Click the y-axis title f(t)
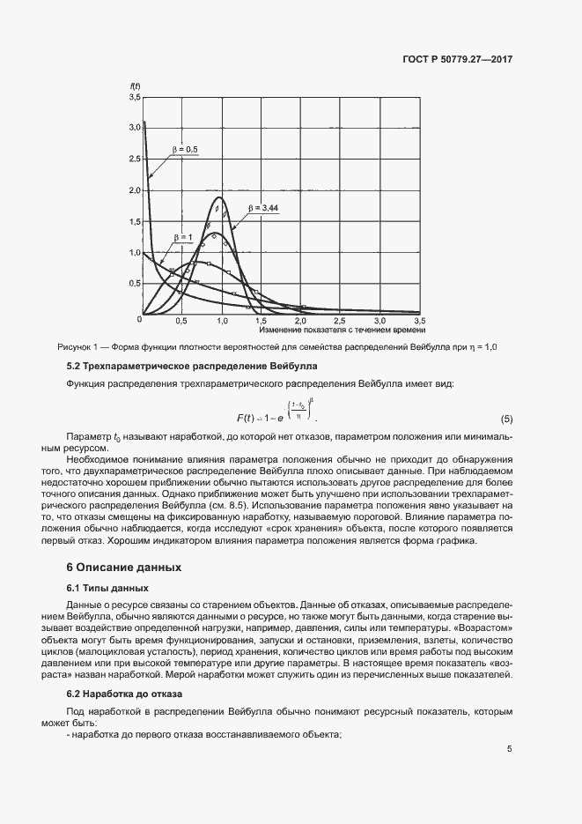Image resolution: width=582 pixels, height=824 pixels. tap(135, 85)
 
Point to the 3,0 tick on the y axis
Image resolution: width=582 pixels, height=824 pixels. tap(135, 128)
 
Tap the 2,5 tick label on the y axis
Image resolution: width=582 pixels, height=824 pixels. tap(135, 160)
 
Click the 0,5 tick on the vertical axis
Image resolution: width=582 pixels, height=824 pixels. tap(135, 284)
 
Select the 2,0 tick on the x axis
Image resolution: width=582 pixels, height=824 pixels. tap(301, 321)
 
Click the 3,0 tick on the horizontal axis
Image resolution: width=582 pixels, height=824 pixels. tap(379, 321)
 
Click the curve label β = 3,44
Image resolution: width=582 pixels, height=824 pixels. tap(263, 208)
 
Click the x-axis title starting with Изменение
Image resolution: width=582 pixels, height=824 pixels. tap(342, 330)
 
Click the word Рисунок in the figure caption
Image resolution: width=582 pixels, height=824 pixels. tap(75, 347)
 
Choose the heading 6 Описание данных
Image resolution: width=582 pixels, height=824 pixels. tap(124, 567)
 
